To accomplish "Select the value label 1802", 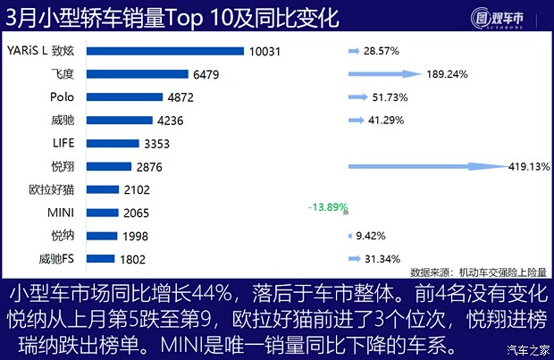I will [x=133, y=259].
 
